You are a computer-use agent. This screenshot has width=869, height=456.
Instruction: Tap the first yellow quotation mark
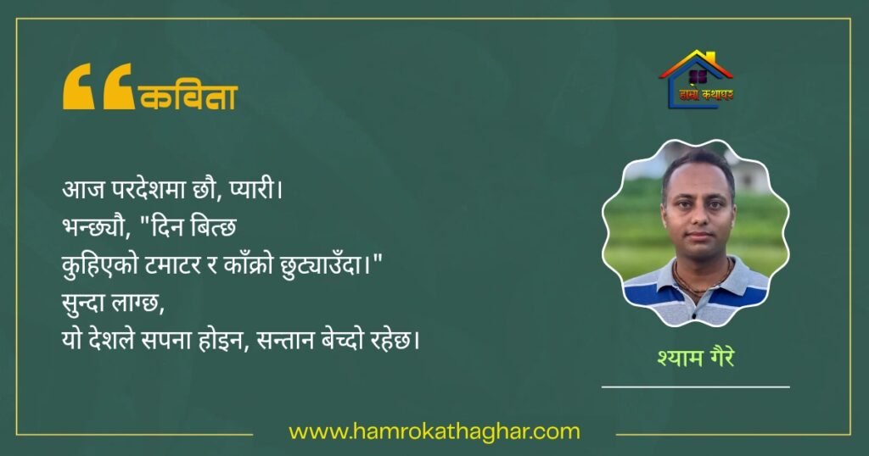(x=79, y=86)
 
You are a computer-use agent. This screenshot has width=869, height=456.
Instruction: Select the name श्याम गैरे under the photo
(x=696, y=357)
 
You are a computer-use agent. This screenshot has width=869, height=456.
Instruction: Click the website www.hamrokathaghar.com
(x=434, y=431)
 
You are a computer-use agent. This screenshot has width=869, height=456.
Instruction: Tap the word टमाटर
(x=173, y=265)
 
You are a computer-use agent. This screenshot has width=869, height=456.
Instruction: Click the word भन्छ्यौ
(x=95, y=227)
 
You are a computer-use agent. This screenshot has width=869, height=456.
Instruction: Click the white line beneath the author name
(x=696, y=386)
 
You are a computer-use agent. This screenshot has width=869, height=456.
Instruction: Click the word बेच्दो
(x=345, y=340)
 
